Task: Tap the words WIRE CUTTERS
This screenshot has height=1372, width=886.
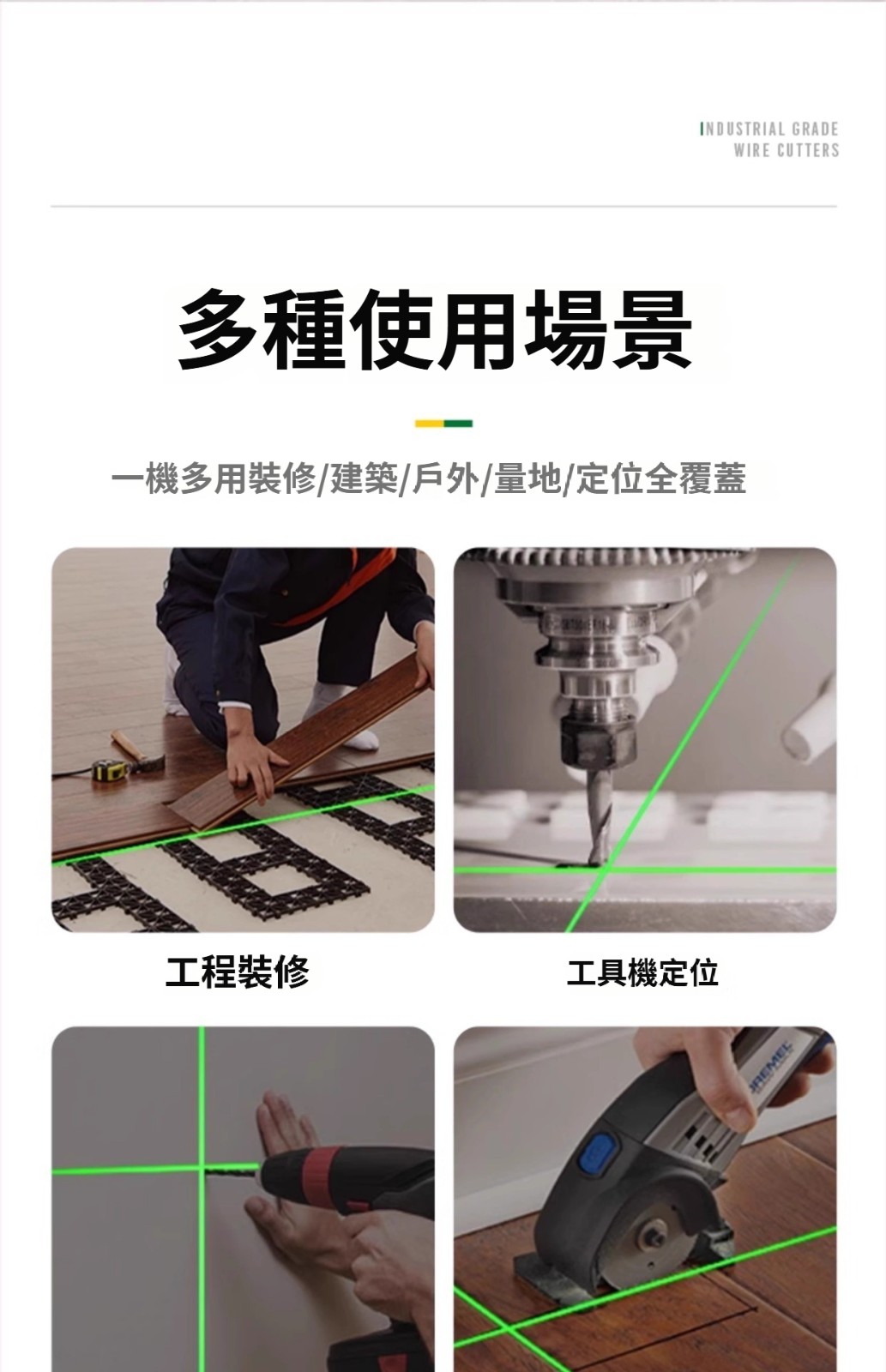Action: click(787, 150)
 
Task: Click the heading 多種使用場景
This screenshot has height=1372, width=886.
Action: click(435, 331)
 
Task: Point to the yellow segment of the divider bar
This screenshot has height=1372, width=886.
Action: click(430, 424)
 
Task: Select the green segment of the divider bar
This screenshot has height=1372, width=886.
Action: click(458, 424)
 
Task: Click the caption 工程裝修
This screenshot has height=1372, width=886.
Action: click(237, 972)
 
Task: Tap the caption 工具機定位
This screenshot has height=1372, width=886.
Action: click(642, 972)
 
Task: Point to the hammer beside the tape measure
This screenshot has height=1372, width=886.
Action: click(138, 751)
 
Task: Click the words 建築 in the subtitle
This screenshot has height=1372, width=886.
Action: click(364, 479)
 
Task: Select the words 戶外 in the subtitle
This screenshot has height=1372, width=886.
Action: click(445, 479)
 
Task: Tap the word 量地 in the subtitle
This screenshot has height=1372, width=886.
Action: click(527, 479)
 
